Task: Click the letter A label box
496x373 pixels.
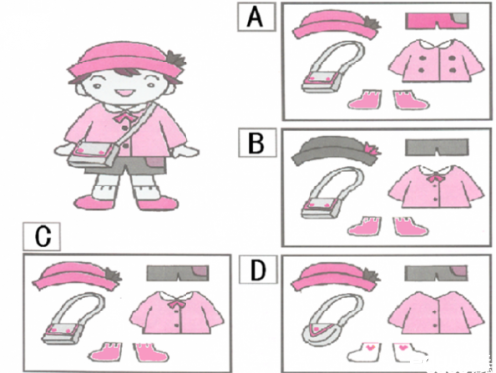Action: coord(256,17)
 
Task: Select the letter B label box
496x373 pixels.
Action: coord(257,143)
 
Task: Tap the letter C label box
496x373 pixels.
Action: coord(42,236)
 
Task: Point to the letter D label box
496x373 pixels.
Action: coord(258,270)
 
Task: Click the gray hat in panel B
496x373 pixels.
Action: coord(334,150)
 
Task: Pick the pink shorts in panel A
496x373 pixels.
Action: coord(436,21)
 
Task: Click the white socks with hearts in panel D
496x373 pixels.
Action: coord(388,353)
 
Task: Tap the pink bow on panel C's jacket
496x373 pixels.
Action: coord(176,303)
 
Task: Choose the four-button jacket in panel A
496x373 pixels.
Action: coord(436,62)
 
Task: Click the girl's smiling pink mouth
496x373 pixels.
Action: coord(125,92)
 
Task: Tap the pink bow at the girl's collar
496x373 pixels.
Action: coord(122,117)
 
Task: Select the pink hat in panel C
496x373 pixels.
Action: coord(76,276)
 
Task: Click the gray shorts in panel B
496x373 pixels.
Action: coord(436,147)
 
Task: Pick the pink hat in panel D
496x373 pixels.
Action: coord(335,276)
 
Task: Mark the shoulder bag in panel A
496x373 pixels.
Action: coord(333,66)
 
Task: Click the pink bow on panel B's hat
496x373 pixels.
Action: coord(371,149)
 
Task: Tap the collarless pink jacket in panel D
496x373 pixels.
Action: coord(436,312)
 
